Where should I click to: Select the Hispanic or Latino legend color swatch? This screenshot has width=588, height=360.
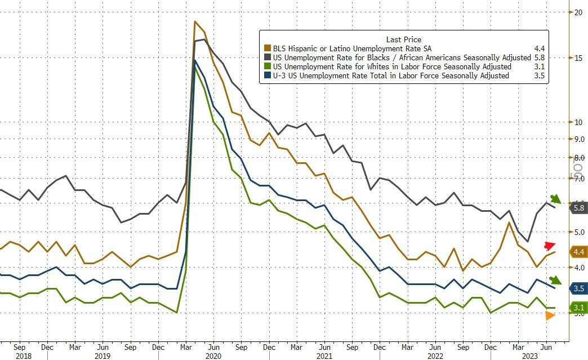pyautogui.click(x=267, y=48)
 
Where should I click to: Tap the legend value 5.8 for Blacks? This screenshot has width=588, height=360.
pyautogui.click(x=539, y=57)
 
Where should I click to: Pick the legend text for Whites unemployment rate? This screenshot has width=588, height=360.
pyautogui.click(x=391, y=66)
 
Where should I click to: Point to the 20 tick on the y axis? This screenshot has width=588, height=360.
pyautogui.click(x=577, y=12)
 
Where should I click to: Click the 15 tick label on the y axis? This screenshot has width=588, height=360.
pyautogui.click(x=577, y=57)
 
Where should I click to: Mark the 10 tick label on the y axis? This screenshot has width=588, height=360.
pyautogui.click(x=577, y=122)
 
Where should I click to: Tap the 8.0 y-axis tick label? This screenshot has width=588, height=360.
pyautogui.click(x=578, y=158)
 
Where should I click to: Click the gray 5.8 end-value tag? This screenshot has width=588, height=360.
pyautogui.click(x=578, y=208)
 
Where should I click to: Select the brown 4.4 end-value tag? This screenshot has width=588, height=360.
pyautogui.click(x=578, y=252)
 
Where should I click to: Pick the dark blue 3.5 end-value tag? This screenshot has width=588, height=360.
pyautogui.click(x=578, y=288)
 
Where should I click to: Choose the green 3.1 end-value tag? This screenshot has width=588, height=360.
pyautogui.click(x=578, y=308)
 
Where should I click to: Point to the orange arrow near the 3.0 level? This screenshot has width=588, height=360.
pyautogui.click(x=550, y=315)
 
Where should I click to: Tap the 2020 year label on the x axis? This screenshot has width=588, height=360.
pyautogui.click(x=212, y=356)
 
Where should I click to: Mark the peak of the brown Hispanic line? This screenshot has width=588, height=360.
pyautogui.click(x=195, y=21)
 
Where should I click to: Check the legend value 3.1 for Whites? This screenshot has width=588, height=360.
pyautogui.click(x=539, y=66)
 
